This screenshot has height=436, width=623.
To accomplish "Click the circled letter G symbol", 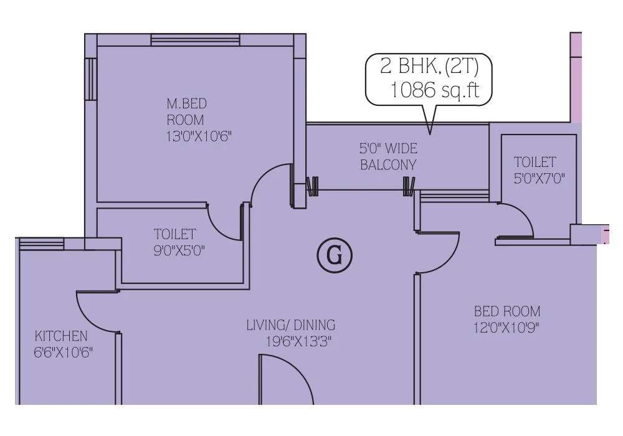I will click(335, 256).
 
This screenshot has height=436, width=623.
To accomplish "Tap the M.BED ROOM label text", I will click(186, 111).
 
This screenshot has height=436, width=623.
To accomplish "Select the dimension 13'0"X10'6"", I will click(199, 136).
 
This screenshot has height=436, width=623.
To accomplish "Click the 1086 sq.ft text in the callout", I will click(434, 90).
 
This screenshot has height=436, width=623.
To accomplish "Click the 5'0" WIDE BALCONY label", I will click(388, 157).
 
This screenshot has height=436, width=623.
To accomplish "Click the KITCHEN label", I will click(61, 337).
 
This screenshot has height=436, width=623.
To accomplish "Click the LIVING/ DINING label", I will click(290, 325).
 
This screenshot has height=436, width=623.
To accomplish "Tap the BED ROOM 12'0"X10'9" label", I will click(506, 319).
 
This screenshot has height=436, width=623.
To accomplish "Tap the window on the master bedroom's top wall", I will click(195, 40).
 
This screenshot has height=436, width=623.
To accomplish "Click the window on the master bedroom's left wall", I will click(91, 78).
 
